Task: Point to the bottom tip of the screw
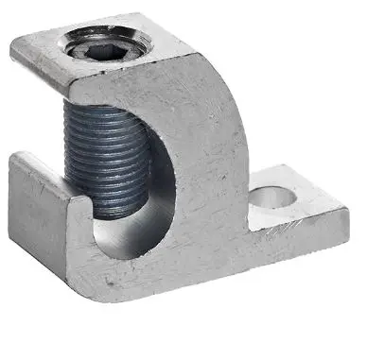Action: tap(106, 214)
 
